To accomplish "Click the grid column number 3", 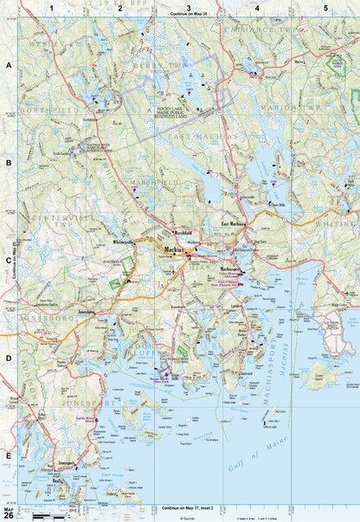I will point(189,8).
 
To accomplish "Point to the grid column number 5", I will point(325,8).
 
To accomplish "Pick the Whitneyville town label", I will point(121,243).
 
